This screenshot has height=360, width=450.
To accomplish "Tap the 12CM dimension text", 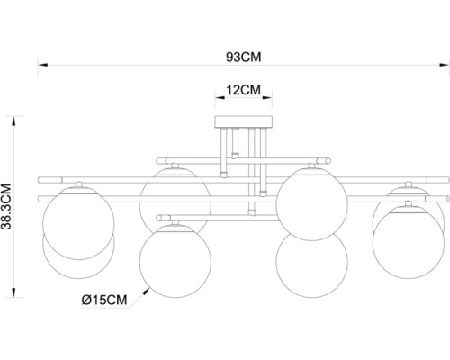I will coord(243,89).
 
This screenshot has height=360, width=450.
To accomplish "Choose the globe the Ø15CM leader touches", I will coord(175,256).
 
